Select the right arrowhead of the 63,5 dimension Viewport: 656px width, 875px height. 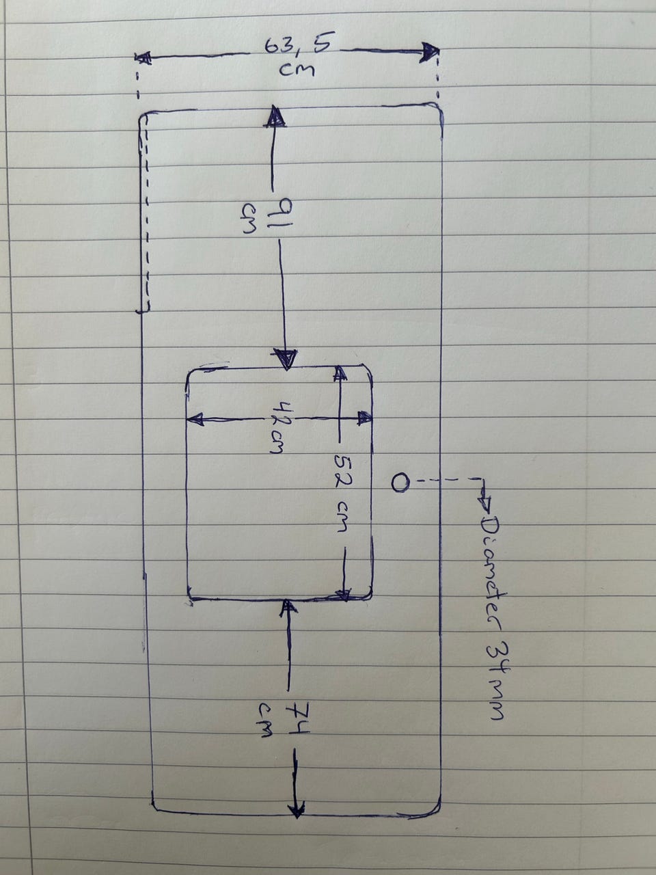tap(430, 52)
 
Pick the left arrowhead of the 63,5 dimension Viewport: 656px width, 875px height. tap(143, 58)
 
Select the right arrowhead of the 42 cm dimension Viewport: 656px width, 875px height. tap(364, 418)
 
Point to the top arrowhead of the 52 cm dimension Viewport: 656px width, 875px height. tap(339, 373)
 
